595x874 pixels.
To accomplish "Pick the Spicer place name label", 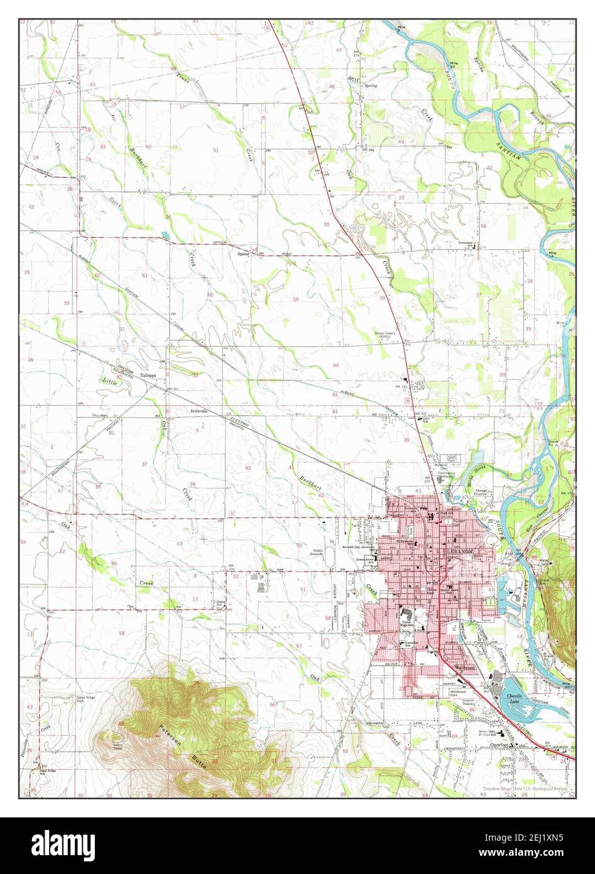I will tap(243, 254).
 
